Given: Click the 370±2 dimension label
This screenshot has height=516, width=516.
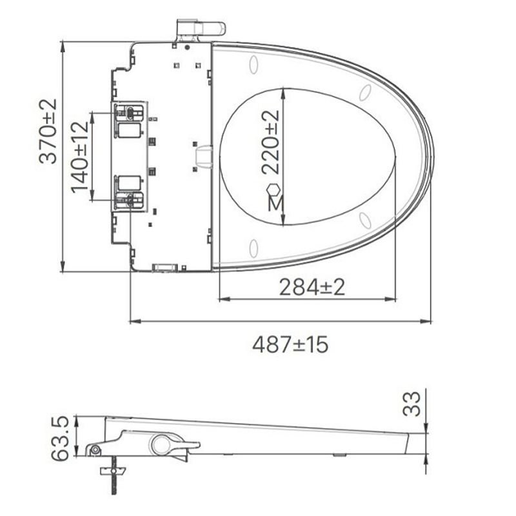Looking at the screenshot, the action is tap(48, 132).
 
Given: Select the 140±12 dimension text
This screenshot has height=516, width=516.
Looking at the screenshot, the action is tap(79, 157).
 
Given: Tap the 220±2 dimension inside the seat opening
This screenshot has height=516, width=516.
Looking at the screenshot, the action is tap(270, 142).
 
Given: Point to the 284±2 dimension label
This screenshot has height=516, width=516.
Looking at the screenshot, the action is tap(312, 287).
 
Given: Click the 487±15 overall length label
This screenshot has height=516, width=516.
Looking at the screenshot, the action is tap(290, 344).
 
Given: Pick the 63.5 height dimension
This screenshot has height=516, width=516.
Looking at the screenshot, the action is tap(60, 438).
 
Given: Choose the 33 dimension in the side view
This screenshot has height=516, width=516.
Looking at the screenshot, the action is tap(412, 404).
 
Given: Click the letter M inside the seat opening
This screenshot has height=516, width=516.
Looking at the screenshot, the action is tap(275, 203).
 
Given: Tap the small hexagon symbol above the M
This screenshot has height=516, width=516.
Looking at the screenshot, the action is tap(273, 190).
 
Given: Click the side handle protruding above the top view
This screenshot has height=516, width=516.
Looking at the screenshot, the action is tap(201, 29).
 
